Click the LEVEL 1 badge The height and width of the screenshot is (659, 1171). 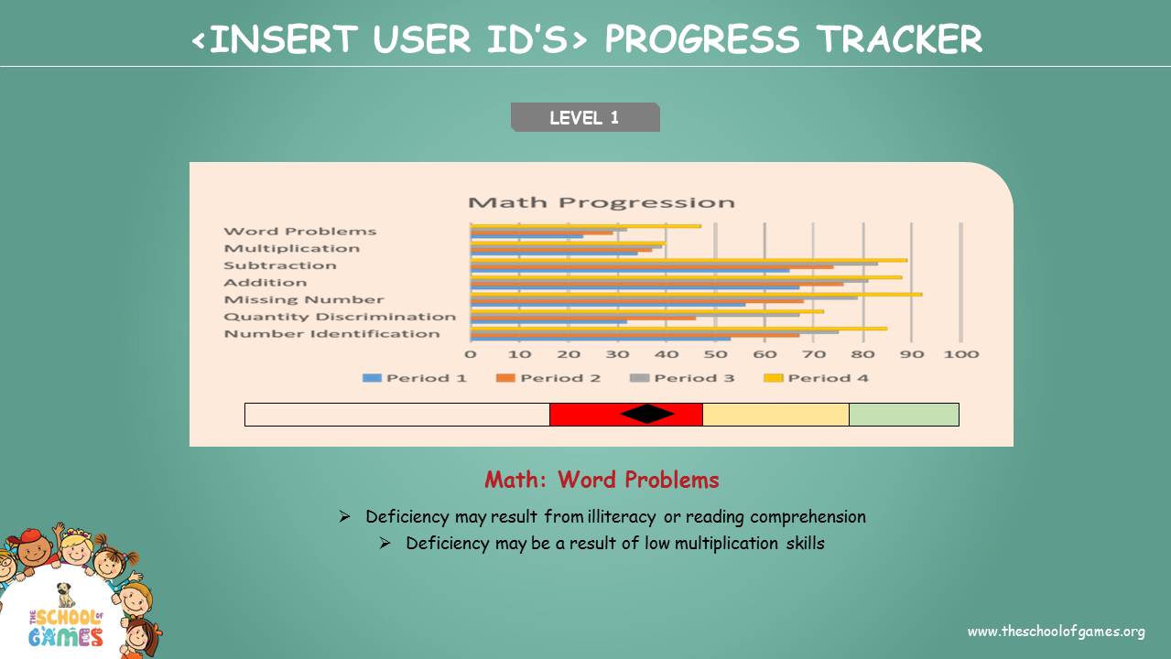(x=585, y=117)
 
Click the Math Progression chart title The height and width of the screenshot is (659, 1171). (x=602, y=202)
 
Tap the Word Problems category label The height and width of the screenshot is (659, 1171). (x=300, y=231)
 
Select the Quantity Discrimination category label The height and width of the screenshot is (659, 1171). (x=340, y=317)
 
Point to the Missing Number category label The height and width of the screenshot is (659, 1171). (x=304, y=299)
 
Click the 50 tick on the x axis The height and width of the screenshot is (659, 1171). (x=715, y=354)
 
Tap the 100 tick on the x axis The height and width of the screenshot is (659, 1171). (x=960, y=354)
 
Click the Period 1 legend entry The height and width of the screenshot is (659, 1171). (x=414, y=378)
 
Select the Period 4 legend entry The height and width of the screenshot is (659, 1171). (x=816, y=378)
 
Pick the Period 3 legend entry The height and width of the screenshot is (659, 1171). (x=682, y=378)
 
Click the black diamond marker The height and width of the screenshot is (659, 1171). (x=647, y=414)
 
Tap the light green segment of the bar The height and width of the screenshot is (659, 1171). (x=904, y=415)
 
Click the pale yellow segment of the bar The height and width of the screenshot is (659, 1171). (x=775, y=415)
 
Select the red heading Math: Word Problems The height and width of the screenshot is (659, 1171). (x=602, y=480)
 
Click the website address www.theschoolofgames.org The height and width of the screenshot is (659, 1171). (x=1056, y=632)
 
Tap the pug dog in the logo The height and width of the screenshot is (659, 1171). (x=65, y=595)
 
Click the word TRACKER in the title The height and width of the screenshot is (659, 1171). (x=899, y=39)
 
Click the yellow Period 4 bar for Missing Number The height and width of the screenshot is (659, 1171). (x=697, y=295)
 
